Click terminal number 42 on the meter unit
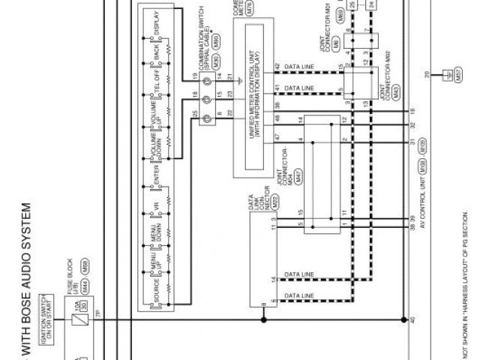[278, 67]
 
